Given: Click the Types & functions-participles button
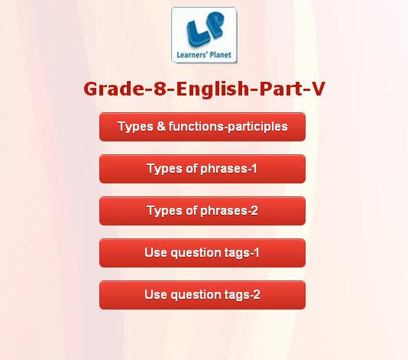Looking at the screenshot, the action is [202, 127].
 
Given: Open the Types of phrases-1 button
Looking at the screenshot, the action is [202, 169].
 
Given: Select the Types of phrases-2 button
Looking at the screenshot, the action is [202, 211].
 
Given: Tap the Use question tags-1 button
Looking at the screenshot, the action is [202, 253].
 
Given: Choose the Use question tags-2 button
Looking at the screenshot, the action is [202, 295].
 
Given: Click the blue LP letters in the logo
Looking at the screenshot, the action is [205, 29].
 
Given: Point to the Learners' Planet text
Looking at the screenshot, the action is [204, 55].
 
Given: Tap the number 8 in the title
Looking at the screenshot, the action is [160, 89].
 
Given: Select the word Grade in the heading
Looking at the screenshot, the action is [114, 89].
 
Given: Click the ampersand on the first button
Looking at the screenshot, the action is [161, 127].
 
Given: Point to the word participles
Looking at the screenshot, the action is [257, 128].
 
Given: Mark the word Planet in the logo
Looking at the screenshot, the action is [220, 55].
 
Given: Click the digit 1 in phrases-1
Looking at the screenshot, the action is [254, 169].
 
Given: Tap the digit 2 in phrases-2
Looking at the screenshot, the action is [254, 211].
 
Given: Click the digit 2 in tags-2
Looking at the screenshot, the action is [256, 295].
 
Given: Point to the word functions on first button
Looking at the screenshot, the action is [196, 127].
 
